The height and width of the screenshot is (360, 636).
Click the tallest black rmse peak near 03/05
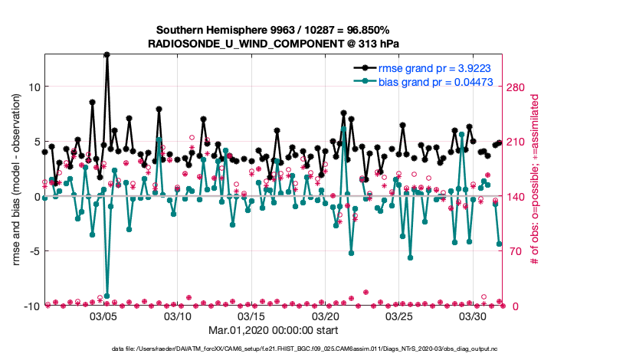tap(107, 55)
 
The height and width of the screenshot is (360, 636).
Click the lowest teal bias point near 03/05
tap(107, 296)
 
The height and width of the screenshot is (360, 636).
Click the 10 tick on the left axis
tap(34, 87)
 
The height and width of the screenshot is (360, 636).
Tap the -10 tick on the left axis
tap(31, 306)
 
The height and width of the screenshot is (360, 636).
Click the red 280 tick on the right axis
tap(518, 87)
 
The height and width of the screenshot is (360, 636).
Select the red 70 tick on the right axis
tap(515, 251)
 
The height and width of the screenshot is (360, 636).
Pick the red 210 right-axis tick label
tap(518, 142)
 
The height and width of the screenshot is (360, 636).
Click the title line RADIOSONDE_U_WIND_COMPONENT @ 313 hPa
tap(274, 44)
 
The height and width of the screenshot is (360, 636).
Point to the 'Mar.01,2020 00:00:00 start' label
tap(274, 331)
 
